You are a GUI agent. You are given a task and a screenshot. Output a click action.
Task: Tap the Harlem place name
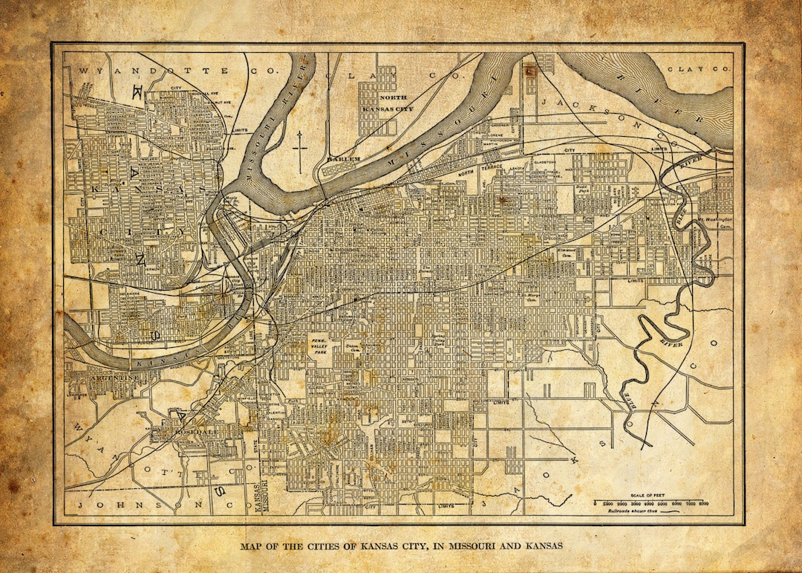point(346,159)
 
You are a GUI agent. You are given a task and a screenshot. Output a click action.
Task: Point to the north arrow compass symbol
point(299,151)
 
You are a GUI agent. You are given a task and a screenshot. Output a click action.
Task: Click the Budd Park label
point(581,190)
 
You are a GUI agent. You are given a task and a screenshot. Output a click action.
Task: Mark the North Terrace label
point(475,174)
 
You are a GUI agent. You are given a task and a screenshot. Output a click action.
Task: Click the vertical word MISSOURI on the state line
point(263,496)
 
